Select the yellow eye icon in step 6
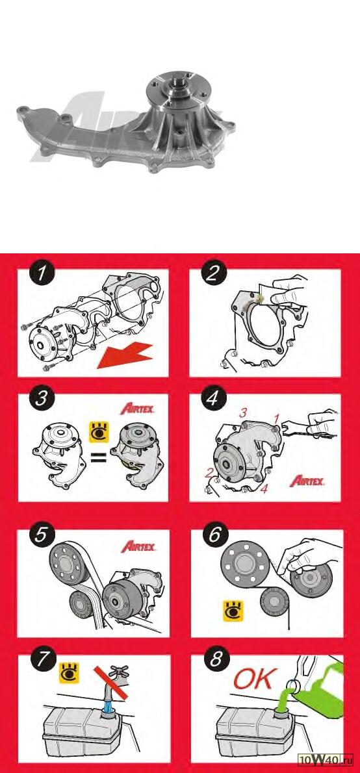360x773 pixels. point(233,611)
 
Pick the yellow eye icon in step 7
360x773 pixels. point(69,673)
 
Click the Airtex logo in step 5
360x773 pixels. point(138,546)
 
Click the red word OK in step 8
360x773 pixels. point(253,679)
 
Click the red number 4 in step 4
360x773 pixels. point(264,490)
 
